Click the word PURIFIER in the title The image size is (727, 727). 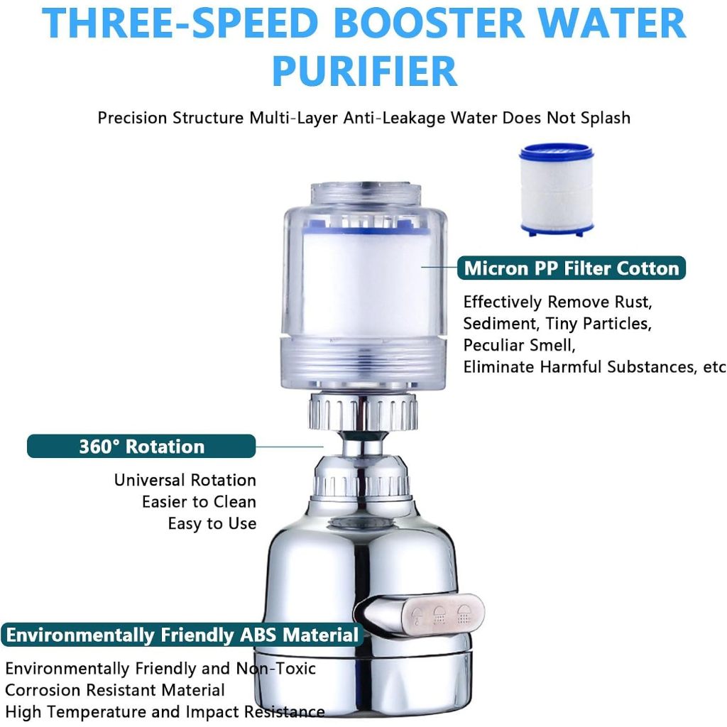tap(364, 70)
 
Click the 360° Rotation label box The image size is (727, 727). tap(141, 447)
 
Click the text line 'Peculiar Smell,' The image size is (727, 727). tap(519, 346)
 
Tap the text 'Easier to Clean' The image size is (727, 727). tap(199, 502)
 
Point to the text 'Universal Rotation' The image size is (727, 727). tap(185, 481)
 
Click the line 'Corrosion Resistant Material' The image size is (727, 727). tap(115, 690)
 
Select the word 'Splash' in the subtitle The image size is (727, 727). tap(603, 117)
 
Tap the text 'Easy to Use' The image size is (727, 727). tap(212, 524)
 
